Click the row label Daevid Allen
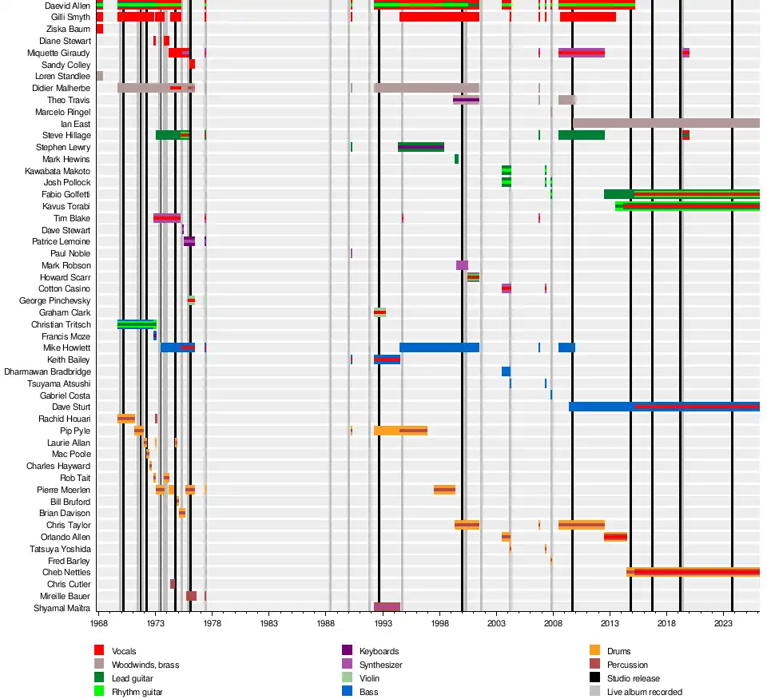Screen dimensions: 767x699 (67, 6)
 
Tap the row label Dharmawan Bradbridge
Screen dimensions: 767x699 (47, 371)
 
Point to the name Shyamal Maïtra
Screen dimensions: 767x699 (62, 608)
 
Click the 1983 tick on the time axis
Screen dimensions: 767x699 (269, 622)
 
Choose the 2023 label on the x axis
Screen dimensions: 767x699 (723, 622)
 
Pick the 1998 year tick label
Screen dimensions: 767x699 (439, 622)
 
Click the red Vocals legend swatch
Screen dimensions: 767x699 (99, 650)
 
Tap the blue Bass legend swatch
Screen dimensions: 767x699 (347, 691)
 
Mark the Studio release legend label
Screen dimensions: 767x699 (634, 678)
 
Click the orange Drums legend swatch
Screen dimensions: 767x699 (594, 650)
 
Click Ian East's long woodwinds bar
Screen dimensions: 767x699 (666, 123)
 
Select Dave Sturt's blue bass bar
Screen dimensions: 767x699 (664, 407)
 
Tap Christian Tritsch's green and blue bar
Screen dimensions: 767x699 (137, 324)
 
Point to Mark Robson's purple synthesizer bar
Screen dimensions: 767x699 (462, 265)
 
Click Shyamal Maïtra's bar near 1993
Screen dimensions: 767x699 (387, 607)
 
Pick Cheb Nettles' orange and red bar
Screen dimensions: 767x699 (693, 572)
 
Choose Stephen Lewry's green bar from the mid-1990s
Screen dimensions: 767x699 (421, 147)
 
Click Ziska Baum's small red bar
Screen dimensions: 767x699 (100, 29)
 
